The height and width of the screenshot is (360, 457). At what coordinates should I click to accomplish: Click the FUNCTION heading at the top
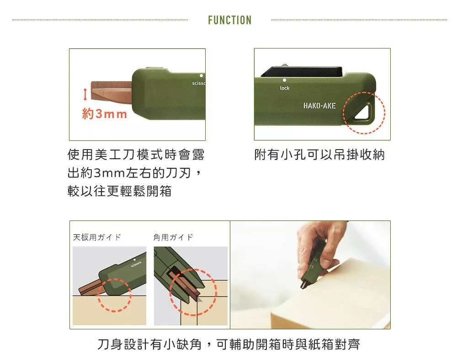[x=230, y=20]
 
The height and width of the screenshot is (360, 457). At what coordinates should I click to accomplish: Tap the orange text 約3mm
[x=105, y=114]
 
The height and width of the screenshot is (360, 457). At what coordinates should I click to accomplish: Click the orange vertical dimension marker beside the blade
[x=85, y=94]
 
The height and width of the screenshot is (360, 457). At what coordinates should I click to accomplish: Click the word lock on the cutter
[x=284, y=88]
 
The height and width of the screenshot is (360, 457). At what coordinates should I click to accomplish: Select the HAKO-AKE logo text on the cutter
[x=319, y=106]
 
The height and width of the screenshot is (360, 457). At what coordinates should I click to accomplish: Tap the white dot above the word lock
[x=284, y=80]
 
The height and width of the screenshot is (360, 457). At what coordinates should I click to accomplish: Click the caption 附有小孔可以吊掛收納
[x=319, y=155]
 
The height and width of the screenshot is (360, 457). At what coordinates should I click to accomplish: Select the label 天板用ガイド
[x=97, y=237]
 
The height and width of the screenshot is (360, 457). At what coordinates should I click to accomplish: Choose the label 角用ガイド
[x=173, y=237]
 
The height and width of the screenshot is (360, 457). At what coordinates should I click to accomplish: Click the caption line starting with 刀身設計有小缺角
[x=228, y=344]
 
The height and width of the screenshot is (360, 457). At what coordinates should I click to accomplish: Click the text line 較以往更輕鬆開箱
[x=119, y=191]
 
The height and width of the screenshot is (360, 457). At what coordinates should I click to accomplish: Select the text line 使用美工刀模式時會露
[x=136, y=155]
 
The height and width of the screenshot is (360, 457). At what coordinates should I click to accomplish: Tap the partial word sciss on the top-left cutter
[x=198, y=83]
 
